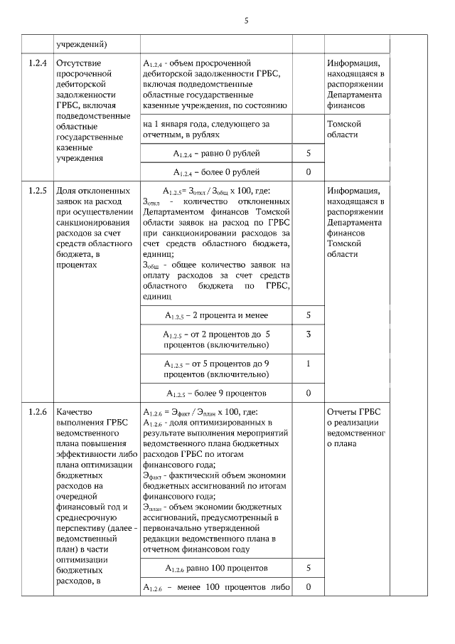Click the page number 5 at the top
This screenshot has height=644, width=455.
pyautogui.click(x=246, y=21)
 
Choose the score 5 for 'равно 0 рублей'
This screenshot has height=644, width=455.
pyautogui.click(x=309, y=153)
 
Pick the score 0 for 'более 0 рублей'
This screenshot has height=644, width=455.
pyautogui.click(x=309, y=171)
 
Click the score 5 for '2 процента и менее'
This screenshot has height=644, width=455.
pyautogui.click(x=309, y=315)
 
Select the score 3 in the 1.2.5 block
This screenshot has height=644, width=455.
pyautogui.click(x=309, y=334)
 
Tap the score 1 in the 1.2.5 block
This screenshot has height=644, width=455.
pyautogui.click(x=309, y=364)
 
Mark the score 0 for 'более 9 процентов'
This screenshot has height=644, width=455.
pyautogui.click(x=309, y=392)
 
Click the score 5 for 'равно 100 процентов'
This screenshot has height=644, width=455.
pyautogui.click(x=309, y=568)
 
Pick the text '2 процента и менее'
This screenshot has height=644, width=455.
pyautogui.click(x=227, y=315)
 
